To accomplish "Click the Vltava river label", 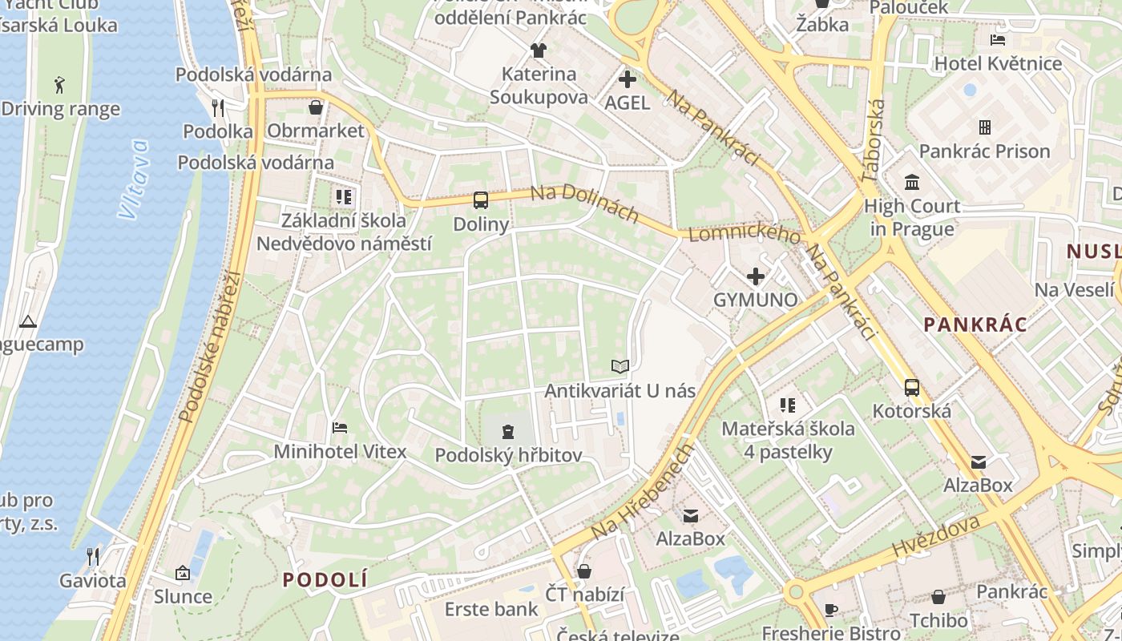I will point(133,179).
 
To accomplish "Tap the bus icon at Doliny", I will point(481,200).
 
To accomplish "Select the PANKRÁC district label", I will point(975,325).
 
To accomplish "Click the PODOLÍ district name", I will point(325,579).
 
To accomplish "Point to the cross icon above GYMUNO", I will point(755,277).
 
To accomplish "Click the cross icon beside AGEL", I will point(628,79).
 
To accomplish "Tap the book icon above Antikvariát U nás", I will point(620,367).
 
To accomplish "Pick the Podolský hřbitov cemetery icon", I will point(507,433).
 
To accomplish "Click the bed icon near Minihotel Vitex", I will point(340,428).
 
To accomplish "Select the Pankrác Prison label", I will point(984,151).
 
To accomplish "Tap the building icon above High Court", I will point(911,183).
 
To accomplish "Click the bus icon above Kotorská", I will point(911,388).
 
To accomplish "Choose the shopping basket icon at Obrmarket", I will point(316,107).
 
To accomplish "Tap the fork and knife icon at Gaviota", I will point(93,557).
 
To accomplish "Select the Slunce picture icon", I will point(183,573).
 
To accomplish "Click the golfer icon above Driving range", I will point(60,85).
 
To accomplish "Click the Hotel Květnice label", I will point(998,63).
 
